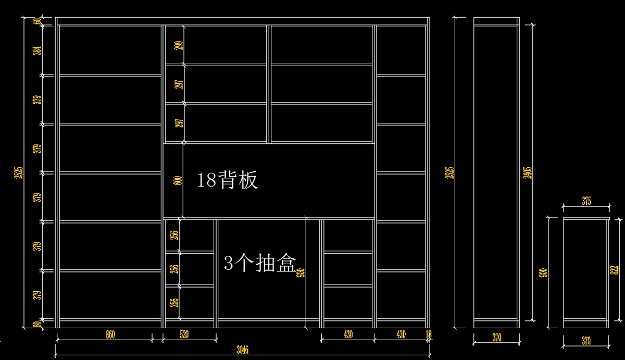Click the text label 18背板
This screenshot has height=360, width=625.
coord(227,180)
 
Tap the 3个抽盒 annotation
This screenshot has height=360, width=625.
coord(259,263)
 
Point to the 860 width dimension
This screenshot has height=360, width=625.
coord(110,334)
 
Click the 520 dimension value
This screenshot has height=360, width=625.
coord(184,334)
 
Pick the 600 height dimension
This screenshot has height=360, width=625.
coord(178,180)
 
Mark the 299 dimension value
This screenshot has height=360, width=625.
coord(179,45)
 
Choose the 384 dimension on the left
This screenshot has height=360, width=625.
coord(37,51)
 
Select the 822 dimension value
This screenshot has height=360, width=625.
coord(615,269)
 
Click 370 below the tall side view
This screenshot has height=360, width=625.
coord(496,338)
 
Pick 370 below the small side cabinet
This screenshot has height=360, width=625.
coord(586,341)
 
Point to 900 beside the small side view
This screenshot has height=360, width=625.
coord(543,272)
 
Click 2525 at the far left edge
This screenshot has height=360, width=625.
coord(18,172)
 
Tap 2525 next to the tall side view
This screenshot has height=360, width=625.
coord(451,172)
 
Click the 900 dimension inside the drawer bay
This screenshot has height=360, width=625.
coord(301,272)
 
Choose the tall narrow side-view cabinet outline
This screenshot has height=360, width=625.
coord(496,172)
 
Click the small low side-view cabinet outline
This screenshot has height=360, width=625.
coord(586,272)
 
